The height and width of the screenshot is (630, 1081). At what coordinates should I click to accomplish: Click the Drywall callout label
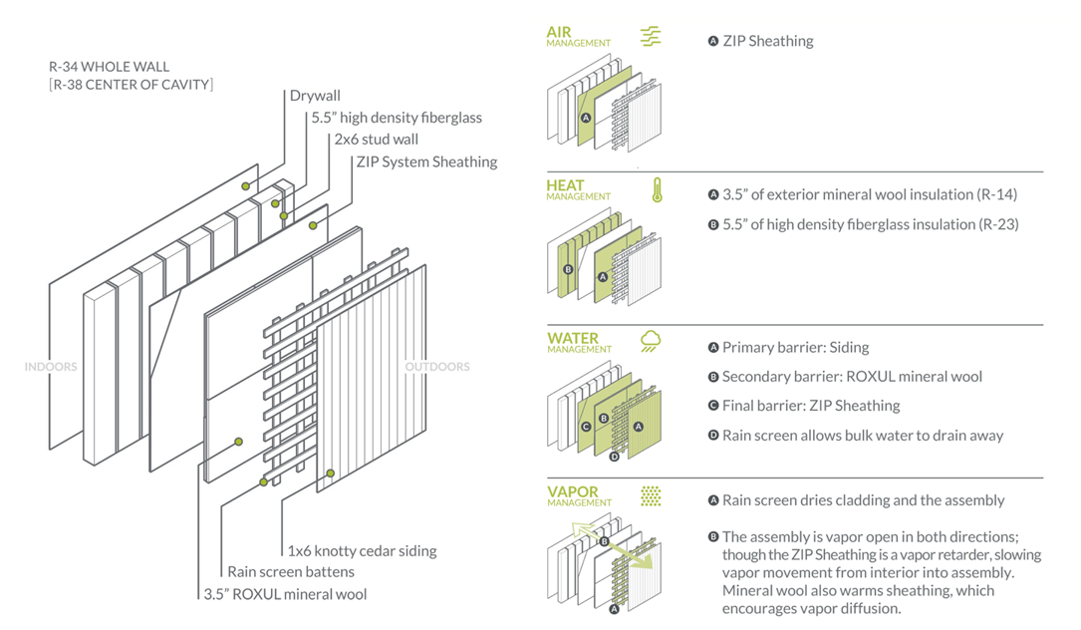point(315,96)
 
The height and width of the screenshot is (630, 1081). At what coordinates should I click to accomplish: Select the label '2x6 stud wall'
point(376,140)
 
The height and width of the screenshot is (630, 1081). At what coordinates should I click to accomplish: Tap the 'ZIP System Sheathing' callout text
point(425,161)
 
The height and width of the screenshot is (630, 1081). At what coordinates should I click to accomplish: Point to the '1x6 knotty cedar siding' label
point(362,550)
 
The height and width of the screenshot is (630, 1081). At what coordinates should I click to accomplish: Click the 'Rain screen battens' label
point(291,572)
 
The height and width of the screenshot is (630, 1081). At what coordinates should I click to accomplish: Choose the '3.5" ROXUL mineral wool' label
point(285,594)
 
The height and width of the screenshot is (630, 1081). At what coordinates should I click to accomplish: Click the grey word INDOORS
point(51,367)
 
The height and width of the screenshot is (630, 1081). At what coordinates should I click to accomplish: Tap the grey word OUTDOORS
point(437,367)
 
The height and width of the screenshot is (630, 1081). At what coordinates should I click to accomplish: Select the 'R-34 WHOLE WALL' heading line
point(110,67)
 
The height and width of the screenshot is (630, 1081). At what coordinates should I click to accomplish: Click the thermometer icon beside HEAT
point(658,190)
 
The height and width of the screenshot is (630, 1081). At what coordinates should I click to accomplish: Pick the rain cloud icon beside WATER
point(651,342)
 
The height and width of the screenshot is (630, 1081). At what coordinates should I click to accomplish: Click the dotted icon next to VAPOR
point(651,495)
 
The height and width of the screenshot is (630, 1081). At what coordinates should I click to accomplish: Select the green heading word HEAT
point(565,185)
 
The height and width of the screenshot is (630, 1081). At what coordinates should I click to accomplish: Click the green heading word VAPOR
point(571,491)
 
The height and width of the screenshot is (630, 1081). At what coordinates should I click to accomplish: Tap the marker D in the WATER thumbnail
point(614,457)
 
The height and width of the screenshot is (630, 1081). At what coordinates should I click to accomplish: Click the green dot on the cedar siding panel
point(331,472)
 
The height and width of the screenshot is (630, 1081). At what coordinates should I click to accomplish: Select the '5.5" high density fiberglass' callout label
point(397,118)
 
